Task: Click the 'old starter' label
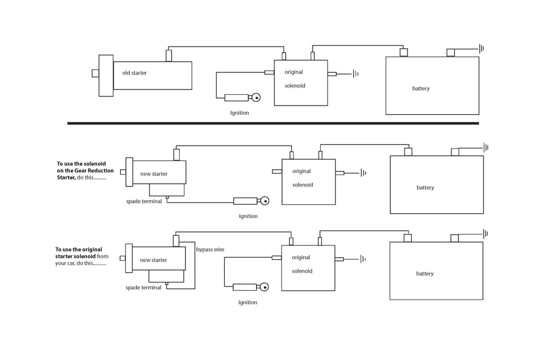pos(134,73)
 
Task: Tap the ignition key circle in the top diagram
pos(256,97)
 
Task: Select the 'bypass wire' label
pos(210,250)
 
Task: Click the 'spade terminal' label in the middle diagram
pos(144,201)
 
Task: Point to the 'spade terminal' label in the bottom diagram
pos(143,288)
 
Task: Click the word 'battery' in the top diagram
pos(421,88)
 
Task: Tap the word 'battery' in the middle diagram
pos(425,187)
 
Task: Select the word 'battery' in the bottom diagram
pos(425,274)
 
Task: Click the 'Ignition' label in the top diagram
pos(240,113)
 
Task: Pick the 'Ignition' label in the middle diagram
pos(248,216)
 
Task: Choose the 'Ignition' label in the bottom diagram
pos(248,303)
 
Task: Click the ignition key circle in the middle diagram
pos(264,201)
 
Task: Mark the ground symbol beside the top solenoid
pos(355,74)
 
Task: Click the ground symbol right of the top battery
pos(482,49)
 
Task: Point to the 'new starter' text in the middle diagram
pos(154,174)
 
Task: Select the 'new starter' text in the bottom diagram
pos(153,260)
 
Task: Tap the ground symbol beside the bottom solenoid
pos(363,259)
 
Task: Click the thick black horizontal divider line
pos(273,123)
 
